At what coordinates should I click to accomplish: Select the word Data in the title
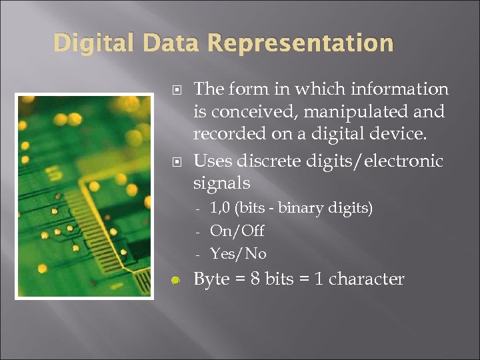[169, 44]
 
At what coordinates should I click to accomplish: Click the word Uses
[211, 161]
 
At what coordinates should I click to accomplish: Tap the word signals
[221, 183]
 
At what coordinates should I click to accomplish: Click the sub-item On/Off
[237, 231]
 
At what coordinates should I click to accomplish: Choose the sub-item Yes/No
[237, 254]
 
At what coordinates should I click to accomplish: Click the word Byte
[211, 279]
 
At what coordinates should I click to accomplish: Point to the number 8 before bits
[255, 279]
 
